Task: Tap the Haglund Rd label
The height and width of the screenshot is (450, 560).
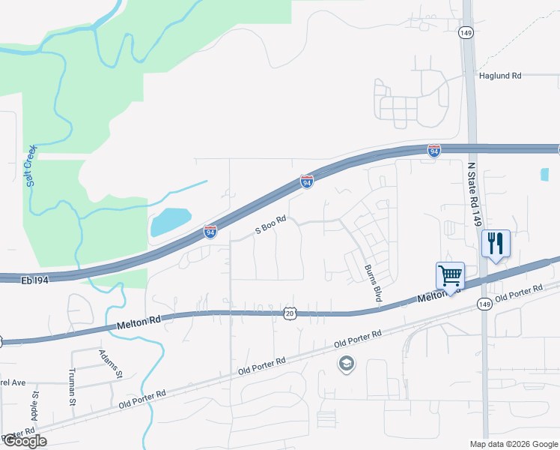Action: pyautogui.click(x=499, y=76)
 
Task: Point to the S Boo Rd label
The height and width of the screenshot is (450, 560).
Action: pyautogui.click(x=271, y=226)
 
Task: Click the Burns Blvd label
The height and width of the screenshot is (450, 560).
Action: pyautogui.click(x=374, y=284)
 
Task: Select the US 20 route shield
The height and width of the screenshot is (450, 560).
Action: pyautogui.click(x=290, y=312)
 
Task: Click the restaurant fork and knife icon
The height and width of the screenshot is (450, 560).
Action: pyautogui.click(x=495, y=244)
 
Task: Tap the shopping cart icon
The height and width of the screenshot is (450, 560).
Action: pyautogui.click(x=450, y=276)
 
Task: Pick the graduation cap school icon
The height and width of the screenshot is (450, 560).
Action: pyautogui.click(x=346, y=364)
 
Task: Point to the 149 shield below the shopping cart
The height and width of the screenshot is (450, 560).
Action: pyautogui.click(x=484, y=304)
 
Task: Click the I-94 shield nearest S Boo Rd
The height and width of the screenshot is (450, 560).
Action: pyautogui.click(x=210, y=232)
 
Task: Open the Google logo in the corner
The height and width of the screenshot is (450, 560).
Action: pyautogui.click(x=24, y=441)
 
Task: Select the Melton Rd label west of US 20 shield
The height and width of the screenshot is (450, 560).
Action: pyautogui.click(x=140, y=323)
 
